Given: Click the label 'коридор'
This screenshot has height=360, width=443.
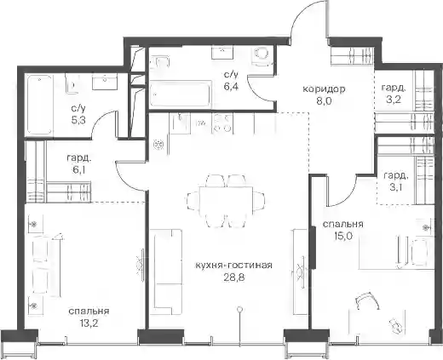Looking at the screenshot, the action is pyautogui.click(x=325, y=89).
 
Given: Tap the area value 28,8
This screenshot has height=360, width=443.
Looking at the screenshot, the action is pyautogui.click(x=234, y=277).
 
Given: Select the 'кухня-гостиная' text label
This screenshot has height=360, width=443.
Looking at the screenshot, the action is pyautogui.click(x=234, y=266).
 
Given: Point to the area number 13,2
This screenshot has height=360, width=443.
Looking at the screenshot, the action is pyautogui.click(x=88, y=323).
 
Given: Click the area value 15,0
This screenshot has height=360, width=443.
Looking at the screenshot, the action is pyautogui.click(x=342, y=236).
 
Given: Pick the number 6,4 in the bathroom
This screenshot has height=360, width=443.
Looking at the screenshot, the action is pyautogui.click(x=231, y=86).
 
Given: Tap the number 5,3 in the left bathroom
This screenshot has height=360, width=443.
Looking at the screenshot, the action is pyautogui.click(x=78, y=120).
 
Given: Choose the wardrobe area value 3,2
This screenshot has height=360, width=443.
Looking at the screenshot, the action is pyautogui.click(x=394, y=100).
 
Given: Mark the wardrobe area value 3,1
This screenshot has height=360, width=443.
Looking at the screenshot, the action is pyautogui.click(x=395, y=187).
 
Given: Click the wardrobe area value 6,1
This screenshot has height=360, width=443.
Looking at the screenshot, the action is pyautogui.click(x=79, y=169).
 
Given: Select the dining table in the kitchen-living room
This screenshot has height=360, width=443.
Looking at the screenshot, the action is pyautogui.click(x=226, y=201).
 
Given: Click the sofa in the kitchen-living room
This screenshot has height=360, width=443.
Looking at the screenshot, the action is pyautogui.click(x=167, y=271).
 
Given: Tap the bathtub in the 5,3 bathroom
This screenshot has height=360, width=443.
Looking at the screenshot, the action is pyautogui.click(x=40, y=105).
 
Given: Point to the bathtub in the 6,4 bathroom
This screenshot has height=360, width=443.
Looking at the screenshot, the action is pyautogui.click(x=181, y=94).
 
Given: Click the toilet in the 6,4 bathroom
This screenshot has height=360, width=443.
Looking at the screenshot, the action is pyautogui.click(x=261, y=55).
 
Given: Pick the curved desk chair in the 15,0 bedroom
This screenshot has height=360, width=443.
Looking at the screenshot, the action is pyautogui.click(x=367, y=300).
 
